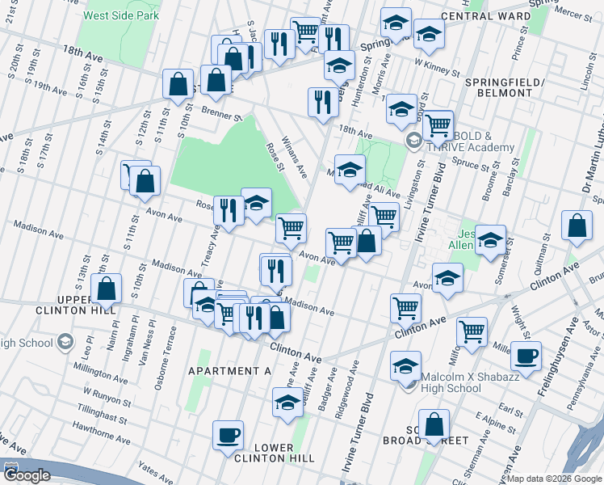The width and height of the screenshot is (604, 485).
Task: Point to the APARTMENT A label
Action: click(229, 370)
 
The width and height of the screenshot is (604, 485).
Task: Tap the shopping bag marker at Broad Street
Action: click(434, 424)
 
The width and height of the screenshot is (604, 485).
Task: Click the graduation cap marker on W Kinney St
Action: click(429, 34)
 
